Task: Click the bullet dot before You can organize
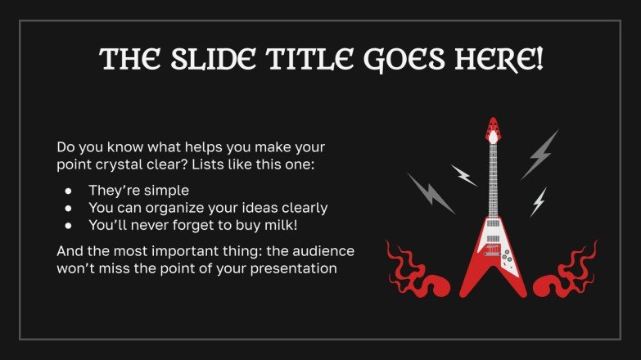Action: (x=68, y=208)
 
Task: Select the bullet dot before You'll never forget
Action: (x=68, y=224)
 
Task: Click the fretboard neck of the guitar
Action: (x=493, y=180)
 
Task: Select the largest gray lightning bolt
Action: (x=540, y=154)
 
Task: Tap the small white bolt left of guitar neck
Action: (x=463, y=174)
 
